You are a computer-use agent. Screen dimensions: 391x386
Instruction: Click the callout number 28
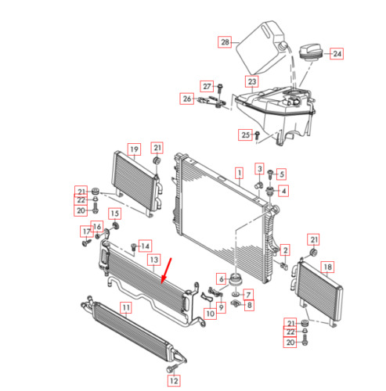(x=225, y=42)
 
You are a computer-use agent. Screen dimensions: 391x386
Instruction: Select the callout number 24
(x=337, y=55)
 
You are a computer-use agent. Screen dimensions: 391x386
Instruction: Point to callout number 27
(x=207, y=85)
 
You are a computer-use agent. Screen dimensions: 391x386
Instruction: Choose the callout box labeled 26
(x=187, y=99)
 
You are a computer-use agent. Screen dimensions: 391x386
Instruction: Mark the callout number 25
(x=245, y=135)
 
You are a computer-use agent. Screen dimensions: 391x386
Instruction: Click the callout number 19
(x=134, y=149)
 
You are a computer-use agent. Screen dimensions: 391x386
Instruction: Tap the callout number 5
(x=282, y=174)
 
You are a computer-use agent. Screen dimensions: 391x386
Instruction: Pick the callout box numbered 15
(x=114, y=213)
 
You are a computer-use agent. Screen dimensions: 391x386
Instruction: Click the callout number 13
(x=154, y=259)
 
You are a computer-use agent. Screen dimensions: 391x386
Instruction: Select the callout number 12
(x=175, y=381)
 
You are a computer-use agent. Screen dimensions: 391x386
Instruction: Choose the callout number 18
(x=326, y=267)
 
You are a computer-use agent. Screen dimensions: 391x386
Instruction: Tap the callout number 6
(x=222, y=278)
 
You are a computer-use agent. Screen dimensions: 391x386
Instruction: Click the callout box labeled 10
(x=210, y=314)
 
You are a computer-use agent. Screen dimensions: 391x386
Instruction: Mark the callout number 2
(x=286, y=250)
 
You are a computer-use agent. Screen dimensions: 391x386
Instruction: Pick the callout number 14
(x=145, y=246)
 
